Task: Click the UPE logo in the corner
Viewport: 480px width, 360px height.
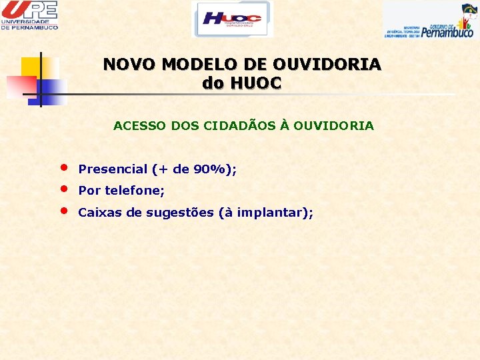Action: (29, 15)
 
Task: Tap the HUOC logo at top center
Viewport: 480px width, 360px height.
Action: (232, 19)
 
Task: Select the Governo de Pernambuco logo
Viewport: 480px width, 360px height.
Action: (431, 20)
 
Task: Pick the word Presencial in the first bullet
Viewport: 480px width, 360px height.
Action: (113, 169)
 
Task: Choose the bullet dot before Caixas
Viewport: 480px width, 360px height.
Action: (63, 209)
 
